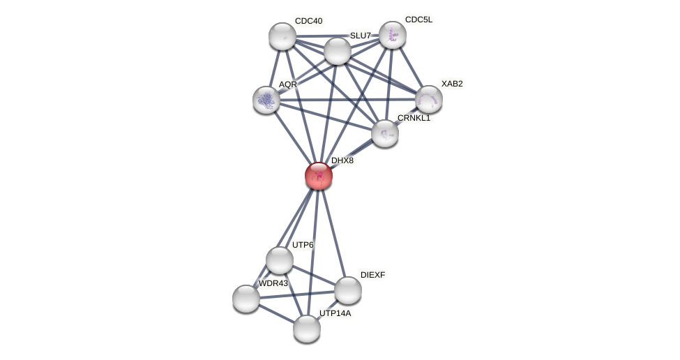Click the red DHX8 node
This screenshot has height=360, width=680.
[x=319, y=176]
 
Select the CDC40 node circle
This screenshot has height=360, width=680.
[x=282, y=36]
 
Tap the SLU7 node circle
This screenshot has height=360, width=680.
[x=338, y=51]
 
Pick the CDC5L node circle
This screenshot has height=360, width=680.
[x=393, y=35]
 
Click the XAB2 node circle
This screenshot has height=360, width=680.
[x=429, y=99]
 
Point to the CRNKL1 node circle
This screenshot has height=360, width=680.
[x=385, y=133]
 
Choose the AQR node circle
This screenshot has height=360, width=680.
[x=266, y=100]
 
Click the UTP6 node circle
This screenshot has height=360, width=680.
[x=280, y=260]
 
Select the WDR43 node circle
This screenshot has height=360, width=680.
[x=246, y=299]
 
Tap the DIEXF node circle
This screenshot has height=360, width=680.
[x=348, y=290]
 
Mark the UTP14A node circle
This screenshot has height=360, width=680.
[x=307, y=329]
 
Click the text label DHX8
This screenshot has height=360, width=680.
[x=342, y=160]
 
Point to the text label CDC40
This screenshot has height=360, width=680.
[x=308, y=21]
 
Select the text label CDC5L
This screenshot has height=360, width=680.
[x=418, y=20]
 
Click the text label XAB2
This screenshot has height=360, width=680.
[x=452, y=84]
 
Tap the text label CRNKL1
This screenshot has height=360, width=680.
[x=414, y=118]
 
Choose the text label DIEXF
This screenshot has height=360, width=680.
[x=372, y=275]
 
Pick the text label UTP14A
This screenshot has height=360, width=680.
[x=335, y=313]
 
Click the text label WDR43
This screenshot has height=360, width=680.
[x=273, y=283]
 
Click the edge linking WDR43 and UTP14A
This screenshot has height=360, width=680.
[x=276, y=313]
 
